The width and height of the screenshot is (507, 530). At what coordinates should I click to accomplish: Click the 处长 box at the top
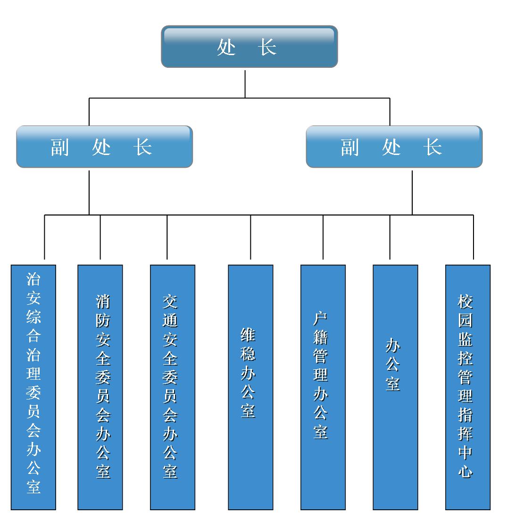pos(249,47)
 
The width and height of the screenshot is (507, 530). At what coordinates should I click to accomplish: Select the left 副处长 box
pos(104,147)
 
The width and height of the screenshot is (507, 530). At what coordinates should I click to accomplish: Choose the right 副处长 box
pos(394,147)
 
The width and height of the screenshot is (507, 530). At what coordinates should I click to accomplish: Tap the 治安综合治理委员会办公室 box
pos(33,387)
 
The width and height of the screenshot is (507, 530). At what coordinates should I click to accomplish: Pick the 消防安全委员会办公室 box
pos(100,387)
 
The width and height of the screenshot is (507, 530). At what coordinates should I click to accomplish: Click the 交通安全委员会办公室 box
pos(173,387)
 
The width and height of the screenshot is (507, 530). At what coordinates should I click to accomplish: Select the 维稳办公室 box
pos(250,387)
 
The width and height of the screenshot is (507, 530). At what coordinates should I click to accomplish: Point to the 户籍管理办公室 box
pos(323,387)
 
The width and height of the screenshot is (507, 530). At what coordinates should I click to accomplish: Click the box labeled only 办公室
pos(395,387)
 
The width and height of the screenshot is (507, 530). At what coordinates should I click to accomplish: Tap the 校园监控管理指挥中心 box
pos(468,387)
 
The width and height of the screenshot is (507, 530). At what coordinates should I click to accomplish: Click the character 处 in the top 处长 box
pos(226,47)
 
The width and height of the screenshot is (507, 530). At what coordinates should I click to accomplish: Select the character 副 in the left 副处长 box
pos(60,147)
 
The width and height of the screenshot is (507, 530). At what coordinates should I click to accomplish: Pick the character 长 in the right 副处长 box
pos(432,147)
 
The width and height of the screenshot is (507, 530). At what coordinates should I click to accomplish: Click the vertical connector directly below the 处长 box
pos(245,84)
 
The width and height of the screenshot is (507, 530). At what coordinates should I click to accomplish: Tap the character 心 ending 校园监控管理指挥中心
pos(465,471)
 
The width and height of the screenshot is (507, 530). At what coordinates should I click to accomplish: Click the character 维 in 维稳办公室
pos(248,335)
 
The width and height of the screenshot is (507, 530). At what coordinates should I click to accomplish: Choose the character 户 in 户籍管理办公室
pos(321,318)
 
